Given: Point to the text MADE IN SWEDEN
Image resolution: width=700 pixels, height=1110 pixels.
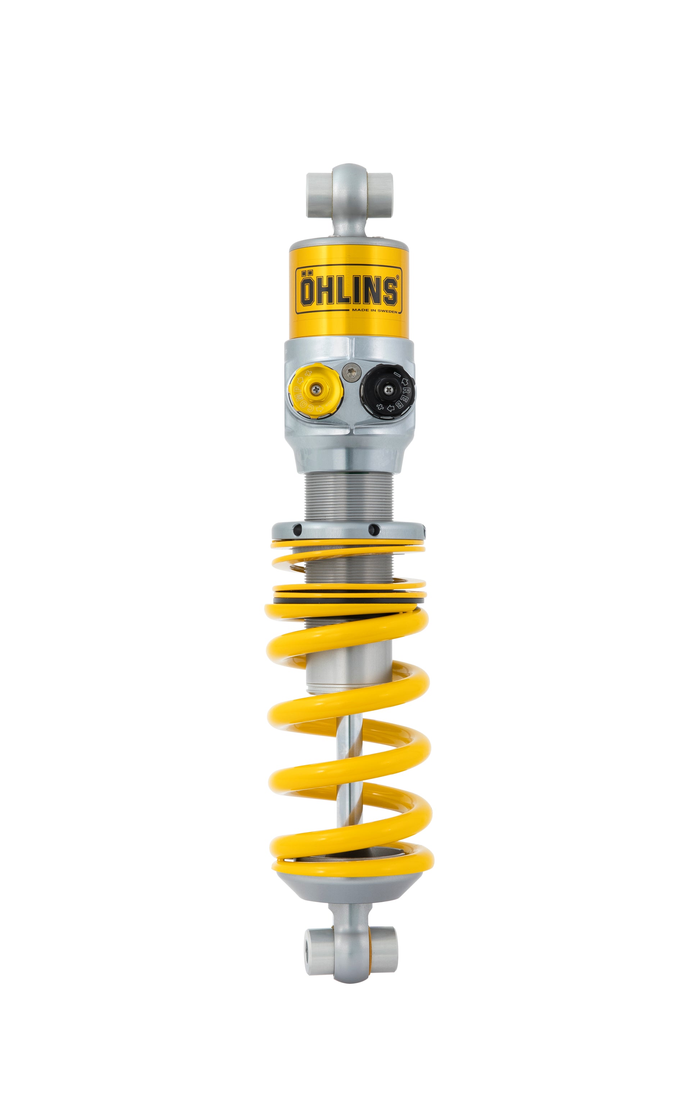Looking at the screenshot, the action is click(x=374, y=311).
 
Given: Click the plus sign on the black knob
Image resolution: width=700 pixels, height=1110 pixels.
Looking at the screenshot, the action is click(x=380, y=406).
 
